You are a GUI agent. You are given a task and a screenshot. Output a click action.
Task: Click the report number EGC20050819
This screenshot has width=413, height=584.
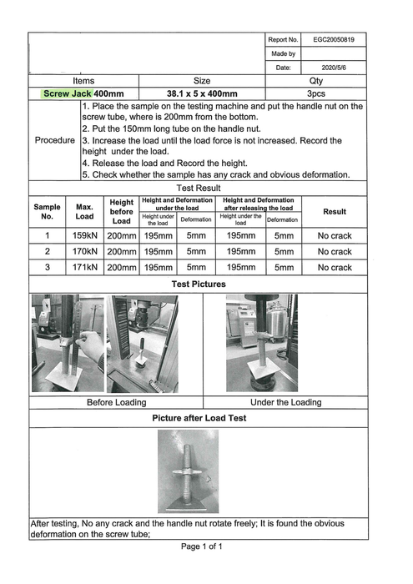[333, 39]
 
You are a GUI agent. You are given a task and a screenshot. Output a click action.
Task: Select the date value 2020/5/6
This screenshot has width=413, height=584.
[334, 68]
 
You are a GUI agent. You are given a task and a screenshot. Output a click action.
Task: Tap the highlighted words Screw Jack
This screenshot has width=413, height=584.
[67, 93]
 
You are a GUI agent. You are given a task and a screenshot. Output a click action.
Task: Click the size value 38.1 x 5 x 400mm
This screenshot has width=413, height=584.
[202, 93]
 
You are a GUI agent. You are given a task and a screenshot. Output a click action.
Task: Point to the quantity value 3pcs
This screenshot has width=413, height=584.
[316, 93]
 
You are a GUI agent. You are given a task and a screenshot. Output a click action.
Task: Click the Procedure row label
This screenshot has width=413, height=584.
[55, 140]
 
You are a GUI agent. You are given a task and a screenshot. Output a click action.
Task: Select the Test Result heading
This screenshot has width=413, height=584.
[199, 188]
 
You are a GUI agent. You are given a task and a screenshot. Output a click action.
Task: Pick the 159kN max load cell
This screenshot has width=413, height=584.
[85, 235]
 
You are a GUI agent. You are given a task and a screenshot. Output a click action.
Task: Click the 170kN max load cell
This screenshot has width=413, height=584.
[85, 251]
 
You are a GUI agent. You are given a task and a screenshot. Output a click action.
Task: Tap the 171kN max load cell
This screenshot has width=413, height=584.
[85, 267]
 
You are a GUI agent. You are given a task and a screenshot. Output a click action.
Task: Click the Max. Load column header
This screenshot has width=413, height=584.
[84, 212]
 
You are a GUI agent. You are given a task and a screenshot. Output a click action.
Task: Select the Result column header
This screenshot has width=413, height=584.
[335, 212]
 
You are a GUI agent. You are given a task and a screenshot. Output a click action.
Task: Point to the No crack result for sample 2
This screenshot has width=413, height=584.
[335, 251]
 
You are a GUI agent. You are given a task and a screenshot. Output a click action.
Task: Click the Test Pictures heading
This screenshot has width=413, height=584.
[199, 284]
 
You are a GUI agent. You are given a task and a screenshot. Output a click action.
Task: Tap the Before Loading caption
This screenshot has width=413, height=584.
[116, 402]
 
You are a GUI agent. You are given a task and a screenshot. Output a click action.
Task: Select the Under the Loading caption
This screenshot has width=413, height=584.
[285, 402]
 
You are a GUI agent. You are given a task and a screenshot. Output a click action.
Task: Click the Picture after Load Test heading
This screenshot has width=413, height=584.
[199, 418]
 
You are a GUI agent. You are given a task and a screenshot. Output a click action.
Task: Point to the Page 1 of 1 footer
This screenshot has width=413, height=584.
[201, 546]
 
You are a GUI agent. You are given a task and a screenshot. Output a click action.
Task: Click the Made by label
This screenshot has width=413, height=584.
[283, 53]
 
